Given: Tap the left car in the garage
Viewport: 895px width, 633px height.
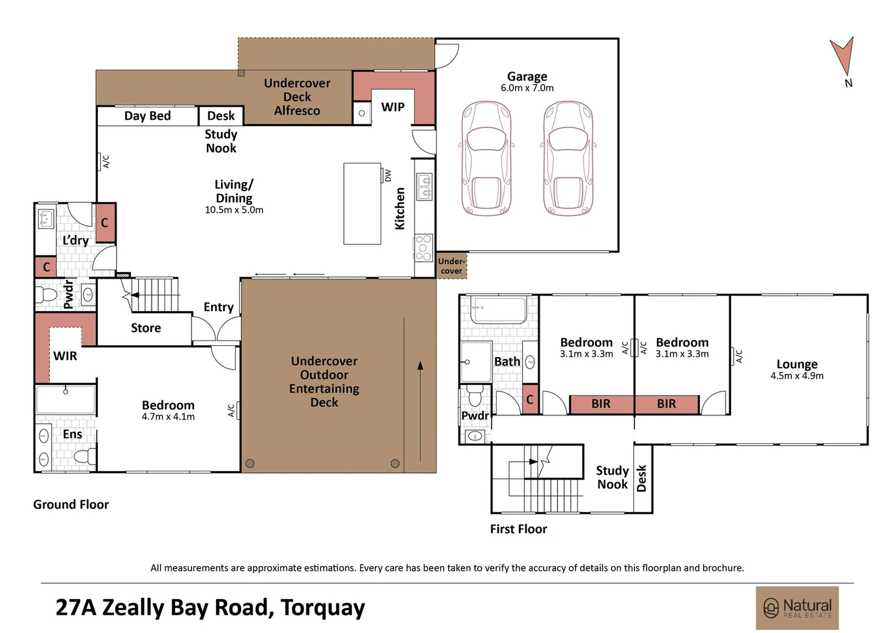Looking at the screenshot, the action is pos(486,158).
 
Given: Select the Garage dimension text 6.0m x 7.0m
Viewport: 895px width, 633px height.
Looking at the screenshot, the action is pos(527,88).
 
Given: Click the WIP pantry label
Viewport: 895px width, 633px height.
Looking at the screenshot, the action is pos(393,107).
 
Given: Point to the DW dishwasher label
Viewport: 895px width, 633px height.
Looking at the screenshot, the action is pos(388,176).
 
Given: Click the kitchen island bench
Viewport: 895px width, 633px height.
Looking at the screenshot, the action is pos(362,203).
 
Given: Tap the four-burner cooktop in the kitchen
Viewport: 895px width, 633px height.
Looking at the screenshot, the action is pos(423,248).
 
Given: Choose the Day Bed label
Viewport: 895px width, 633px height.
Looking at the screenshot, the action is pos(148,116).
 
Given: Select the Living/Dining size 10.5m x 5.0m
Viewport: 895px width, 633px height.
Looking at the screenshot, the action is pos(234,210).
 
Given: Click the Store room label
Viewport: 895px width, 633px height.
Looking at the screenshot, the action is pos(146,328).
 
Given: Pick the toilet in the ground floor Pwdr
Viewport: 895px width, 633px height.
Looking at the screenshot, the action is pos(46,295).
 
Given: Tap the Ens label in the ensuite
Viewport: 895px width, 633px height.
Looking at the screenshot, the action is pos(72,434).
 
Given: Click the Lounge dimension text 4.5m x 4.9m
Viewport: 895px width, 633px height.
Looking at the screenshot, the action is pos(797,376).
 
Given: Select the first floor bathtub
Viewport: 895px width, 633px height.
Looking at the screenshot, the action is pos(498,309).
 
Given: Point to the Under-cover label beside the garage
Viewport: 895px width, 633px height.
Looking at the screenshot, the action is pos(452,266).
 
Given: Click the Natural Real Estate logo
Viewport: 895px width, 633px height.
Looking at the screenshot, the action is pos(797,608).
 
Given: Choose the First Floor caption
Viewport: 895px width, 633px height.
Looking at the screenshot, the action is pos(518,529).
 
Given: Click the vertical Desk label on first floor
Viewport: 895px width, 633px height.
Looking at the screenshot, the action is pos(641,478).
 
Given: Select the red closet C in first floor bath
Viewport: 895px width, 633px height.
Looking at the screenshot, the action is pos(530,399).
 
